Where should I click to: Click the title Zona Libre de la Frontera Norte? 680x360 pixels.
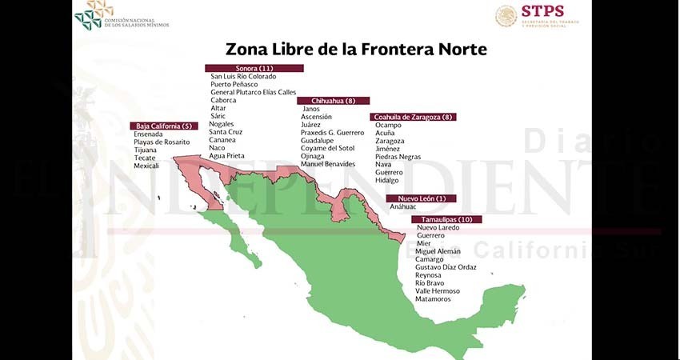[356, 50]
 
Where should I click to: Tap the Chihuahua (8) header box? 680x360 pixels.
[334, 101]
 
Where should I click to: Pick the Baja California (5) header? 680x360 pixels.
[164, 126]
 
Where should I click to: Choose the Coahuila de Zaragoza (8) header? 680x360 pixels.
[414, 117]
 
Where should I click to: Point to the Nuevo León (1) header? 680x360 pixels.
[422, 198]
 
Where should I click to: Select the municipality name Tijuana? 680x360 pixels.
[145, 150]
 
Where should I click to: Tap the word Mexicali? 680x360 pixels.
[146, 166]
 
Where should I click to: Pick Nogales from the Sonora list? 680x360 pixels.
[222, 124]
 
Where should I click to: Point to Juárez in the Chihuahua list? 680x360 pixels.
[310, 125]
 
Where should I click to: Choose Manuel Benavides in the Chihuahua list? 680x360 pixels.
[328, 164]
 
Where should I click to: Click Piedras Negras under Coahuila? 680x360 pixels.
[398, 157]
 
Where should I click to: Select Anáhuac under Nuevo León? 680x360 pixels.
[404, 206]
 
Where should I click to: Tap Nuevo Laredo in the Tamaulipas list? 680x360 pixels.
[438, 227]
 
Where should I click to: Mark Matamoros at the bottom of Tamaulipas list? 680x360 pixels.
[433, 299]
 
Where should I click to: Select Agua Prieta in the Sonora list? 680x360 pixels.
[227, 156]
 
